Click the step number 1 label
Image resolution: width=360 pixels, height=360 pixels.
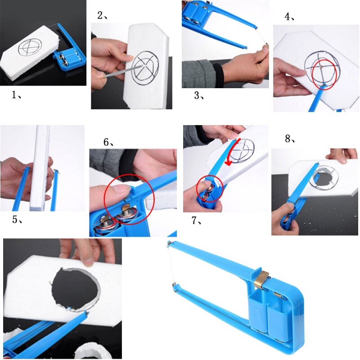(x=16, y=95)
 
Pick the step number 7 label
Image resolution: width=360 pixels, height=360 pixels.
(x=197, y=220)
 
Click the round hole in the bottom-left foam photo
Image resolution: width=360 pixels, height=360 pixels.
(x=74, y=288)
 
